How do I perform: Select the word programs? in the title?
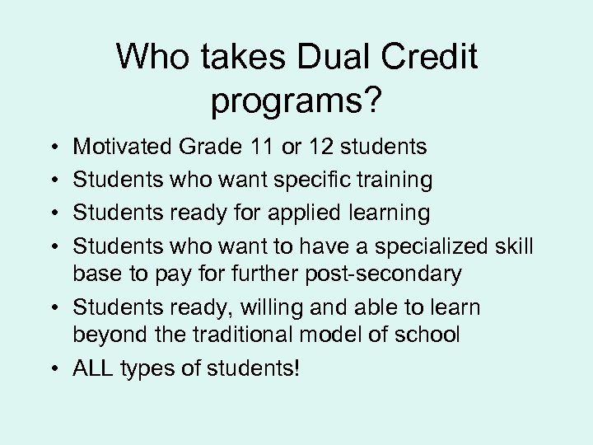tap(296, 101)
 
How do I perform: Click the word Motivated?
tap(123, 147)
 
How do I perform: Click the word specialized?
tap(438, 246)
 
